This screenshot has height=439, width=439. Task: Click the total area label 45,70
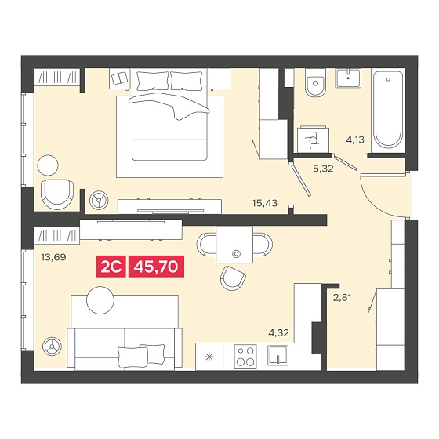click(x=156, y=267)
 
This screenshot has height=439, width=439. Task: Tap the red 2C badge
click(x=111, y=267)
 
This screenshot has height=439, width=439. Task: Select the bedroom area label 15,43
click(x=265, y=203)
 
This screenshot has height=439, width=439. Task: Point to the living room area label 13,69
click(x=53, y=257)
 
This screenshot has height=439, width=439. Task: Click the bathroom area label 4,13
click(x=355, y=140)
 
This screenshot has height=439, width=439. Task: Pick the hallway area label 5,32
click(x=323, y=169)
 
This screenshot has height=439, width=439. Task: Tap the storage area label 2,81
click(x=342, y=297)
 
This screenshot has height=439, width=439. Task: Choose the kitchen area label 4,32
click(x=278, y=333)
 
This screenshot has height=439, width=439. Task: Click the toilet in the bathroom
click(x=315, y=82)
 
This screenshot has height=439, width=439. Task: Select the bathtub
click(x=388, y=111)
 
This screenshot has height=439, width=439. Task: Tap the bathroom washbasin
click(x=348, y=78)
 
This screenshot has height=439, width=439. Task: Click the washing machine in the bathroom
click(x=314, y=140)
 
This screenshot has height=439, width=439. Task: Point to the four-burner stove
click(x=245, y=357)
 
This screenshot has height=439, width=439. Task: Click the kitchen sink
click(x=278, y=355)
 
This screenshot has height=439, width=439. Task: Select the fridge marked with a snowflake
click(x=209, y=357)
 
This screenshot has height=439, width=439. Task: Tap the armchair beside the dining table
click(x=233, y=278)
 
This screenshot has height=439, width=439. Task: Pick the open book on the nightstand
click(x=120, y=78)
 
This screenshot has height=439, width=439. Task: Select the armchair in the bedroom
click(x=57, y=194)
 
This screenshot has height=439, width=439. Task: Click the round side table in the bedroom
click(x=48, y=165)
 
